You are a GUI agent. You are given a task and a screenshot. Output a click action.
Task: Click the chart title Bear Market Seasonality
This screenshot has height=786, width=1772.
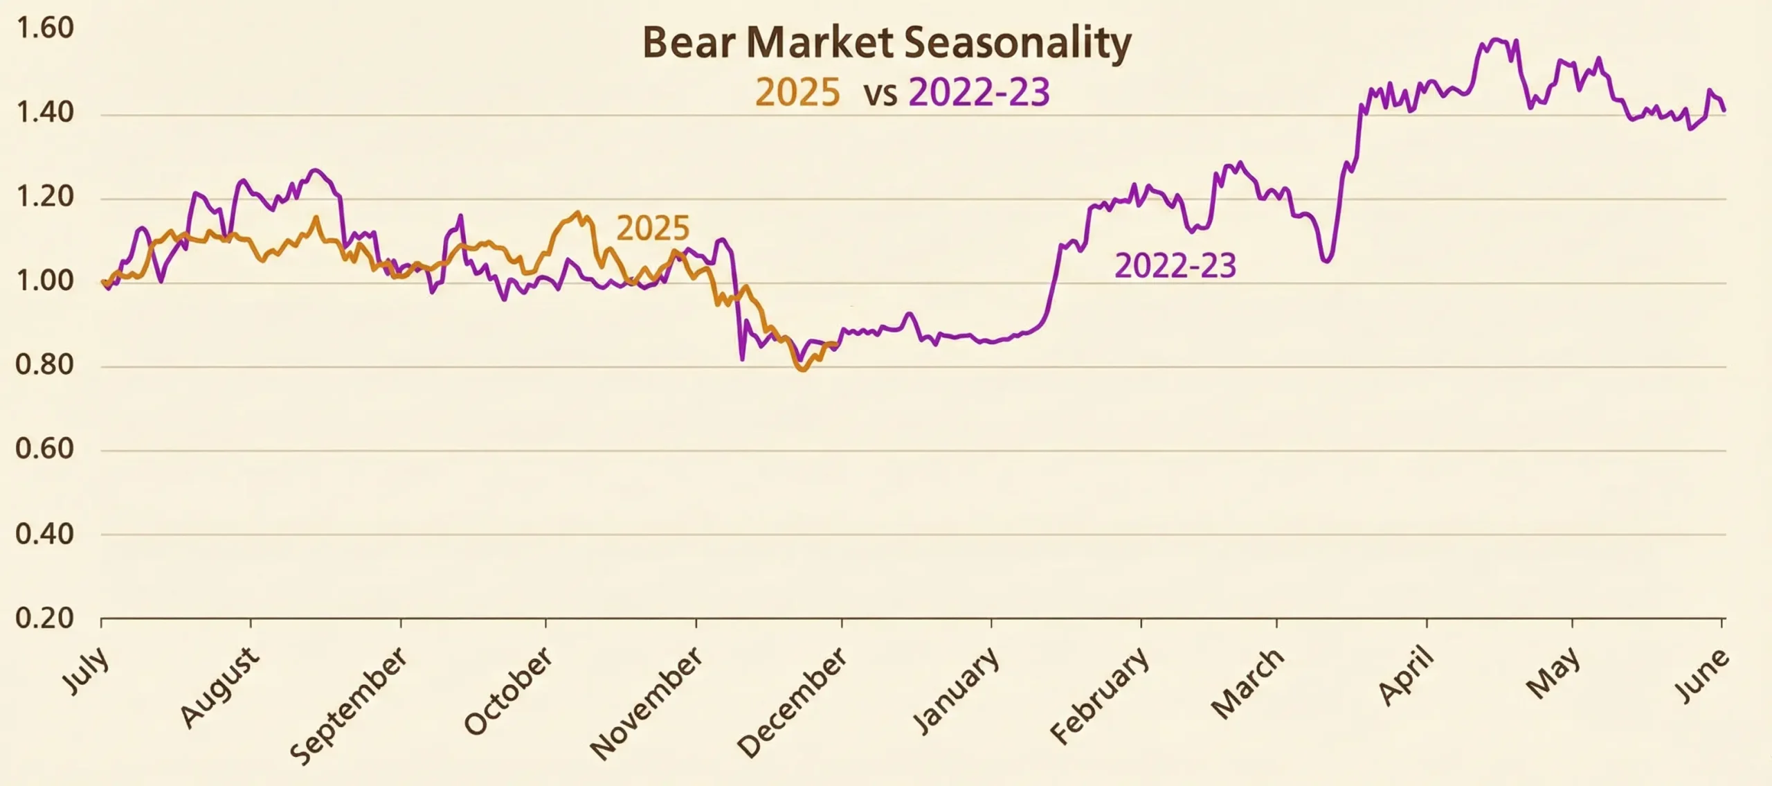(887, 44)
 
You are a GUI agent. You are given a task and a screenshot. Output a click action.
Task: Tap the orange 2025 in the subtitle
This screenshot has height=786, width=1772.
(797, 93)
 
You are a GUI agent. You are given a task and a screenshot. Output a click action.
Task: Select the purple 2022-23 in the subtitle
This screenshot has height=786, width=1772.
(979, 93)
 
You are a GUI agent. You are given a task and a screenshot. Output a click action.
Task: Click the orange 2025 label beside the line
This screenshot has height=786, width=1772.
(653, 229)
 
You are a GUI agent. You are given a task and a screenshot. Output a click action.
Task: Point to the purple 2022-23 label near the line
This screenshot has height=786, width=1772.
(1175, 267)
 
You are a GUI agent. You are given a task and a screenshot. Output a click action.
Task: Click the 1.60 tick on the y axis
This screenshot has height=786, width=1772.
(44, 28)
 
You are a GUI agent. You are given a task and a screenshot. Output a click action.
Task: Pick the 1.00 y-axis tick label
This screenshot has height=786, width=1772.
(44, 282)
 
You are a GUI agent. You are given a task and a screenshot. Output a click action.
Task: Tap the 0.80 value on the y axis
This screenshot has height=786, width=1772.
(44, 365)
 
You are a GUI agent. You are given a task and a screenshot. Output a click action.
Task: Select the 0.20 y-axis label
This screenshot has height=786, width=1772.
(44, 618)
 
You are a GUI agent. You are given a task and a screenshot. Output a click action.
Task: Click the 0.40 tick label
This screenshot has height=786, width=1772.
(44, 534)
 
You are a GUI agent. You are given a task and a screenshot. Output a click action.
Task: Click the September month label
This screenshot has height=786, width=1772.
(348, 705)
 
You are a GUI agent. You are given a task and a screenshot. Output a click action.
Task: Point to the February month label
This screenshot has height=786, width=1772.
(1100, 695)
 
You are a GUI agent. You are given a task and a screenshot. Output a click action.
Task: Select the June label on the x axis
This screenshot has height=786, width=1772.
(1701, 676)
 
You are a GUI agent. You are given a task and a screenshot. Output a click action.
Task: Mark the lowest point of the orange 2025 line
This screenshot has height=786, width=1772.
(803, 370)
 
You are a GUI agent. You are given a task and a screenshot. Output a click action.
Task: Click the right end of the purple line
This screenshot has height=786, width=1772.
(1724, 110)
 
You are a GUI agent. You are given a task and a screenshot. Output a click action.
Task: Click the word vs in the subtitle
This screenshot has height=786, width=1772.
(880, 94)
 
